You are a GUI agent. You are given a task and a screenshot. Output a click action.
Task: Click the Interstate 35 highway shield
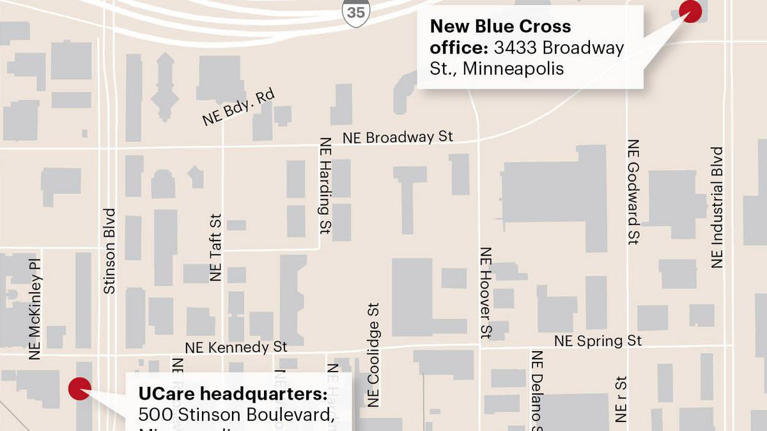click(355, 13)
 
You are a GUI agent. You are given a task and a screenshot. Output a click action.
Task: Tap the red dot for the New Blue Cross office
click(690, 11)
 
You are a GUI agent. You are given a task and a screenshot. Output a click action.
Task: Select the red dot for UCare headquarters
click(79, 388)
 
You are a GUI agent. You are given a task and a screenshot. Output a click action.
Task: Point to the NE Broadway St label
click(398, 137)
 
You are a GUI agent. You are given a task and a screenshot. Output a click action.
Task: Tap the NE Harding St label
click(326, 185)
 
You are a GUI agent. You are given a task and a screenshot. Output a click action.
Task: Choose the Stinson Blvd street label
click(110, 251)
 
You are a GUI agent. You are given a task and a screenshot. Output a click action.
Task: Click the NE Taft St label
click(215, 247)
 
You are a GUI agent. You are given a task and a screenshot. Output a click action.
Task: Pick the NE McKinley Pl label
click(35, 309)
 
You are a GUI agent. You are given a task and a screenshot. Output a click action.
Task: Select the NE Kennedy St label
click(236, 347)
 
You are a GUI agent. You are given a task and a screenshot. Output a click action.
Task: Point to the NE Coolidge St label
click(374, 355)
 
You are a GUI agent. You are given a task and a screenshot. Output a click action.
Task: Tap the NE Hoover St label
click(486, 292)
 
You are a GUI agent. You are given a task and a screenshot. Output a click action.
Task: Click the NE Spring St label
click(598, 341)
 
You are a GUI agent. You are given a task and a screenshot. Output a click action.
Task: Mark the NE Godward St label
click(633, 192)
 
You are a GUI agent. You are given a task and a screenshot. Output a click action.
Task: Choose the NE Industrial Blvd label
click(717, 207)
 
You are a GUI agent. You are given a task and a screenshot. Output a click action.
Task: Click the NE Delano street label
click(537, 387)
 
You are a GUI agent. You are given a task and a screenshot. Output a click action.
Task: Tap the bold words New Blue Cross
click(500, 26)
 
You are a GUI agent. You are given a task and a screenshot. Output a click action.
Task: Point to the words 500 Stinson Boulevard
click(236, 414)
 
